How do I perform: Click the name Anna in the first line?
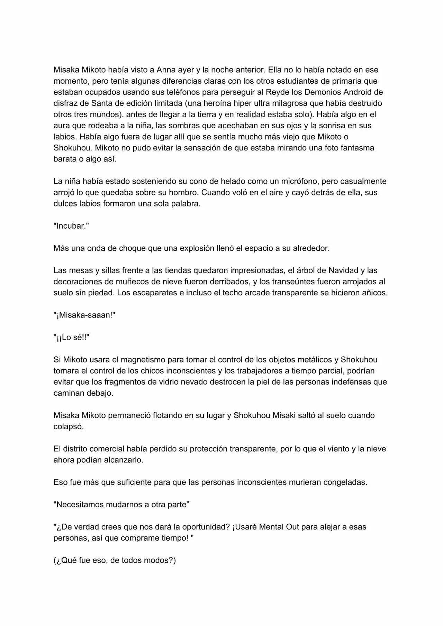point(166,70)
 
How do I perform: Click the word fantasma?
point(357,148)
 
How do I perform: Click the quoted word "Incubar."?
point(71,226)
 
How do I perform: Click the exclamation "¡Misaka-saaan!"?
point(84,315)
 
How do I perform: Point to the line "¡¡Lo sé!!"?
point(72,337)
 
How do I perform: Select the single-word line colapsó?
point(69,426)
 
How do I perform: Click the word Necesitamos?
point(82,505)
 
